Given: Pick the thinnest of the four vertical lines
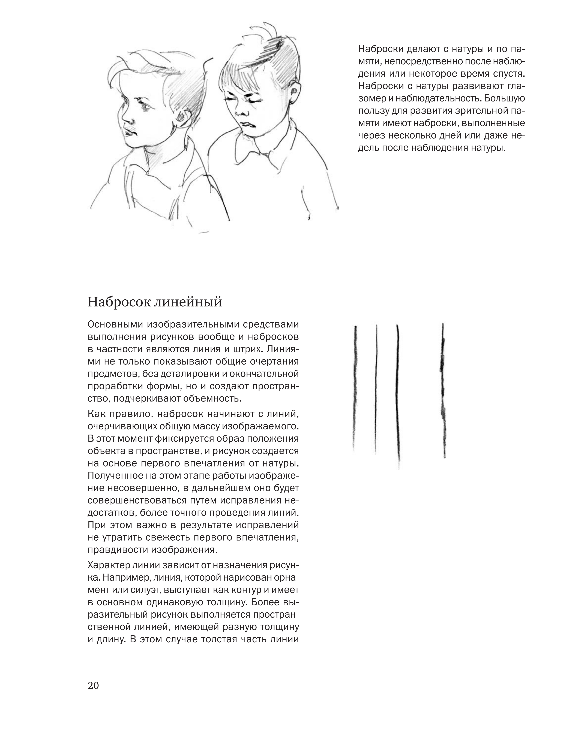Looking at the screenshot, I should point(376,387).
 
